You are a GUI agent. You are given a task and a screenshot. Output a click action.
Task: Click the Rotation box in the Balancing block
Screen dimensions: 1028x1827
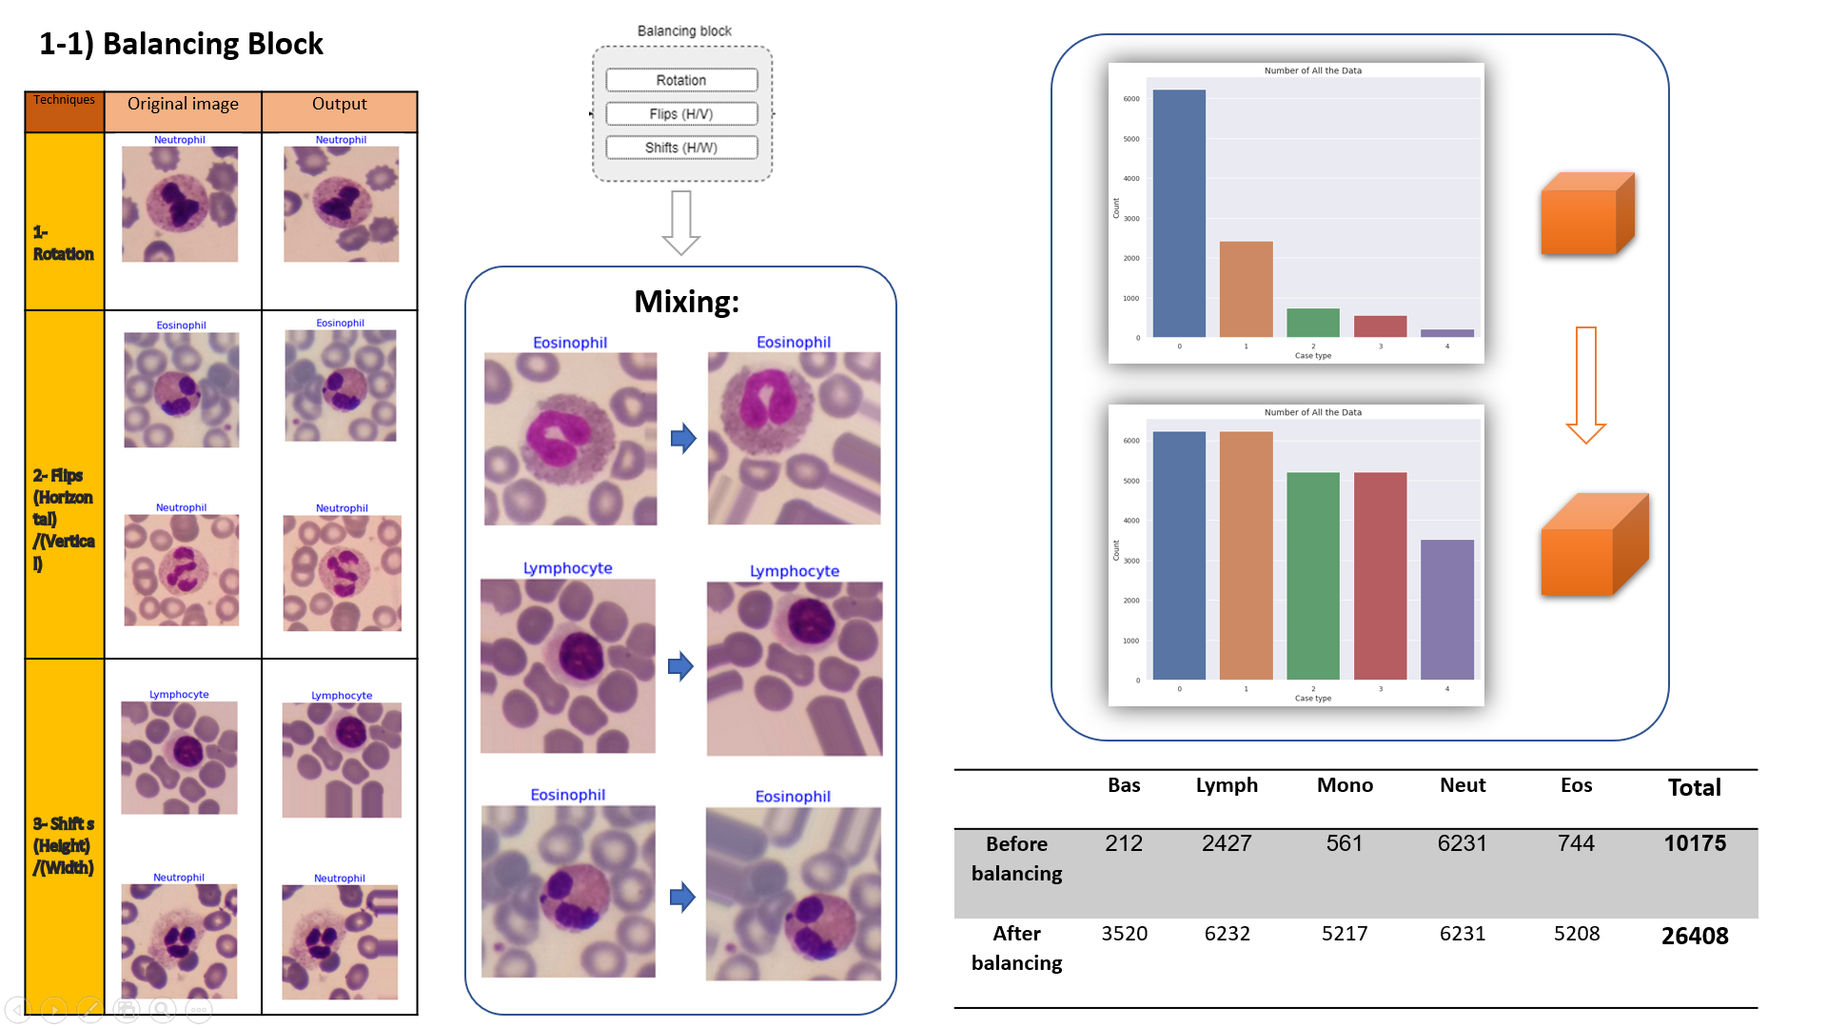681,80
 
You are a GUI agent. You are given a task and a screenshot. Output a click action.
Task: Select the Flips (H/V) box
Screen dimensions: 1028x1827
681,114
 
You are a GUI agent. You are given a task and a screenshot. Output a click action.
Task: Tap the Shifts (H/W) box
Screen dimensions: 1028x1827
681,148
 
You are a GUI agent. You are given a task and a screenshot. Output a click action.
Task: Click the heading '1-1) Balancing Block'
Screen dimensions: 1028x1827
181,44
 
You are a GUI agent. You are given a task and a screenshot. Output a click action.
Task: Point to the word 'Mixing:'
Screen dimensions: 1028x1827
686,302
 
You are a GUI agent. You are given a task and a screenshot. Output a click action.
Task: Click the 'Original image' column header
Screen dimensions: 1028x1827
183,104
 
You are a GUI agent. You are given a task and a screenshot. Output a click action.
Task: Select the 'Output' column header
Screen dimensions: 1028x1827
339,104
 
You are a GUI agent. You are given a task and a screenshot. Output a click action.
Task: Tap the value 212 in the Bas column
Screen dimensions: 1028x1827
1123,843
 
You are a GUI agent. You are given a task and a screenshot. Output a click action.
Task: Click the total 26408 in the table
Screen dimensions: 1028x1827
1694,936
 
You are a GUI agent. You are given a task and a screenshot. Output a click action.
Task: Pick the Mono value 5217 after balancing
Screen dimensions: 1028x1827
1344,934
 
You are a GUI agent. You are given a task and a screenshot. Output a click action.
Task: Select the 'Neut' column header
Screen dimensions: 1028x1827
1462,785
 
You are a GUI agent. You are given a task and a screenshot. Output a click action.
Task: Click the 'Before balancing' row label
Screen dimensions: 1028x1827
1016,858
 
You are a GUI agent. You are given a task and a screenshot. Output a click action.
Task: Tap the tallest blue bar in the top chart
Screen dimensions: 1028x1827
1179,214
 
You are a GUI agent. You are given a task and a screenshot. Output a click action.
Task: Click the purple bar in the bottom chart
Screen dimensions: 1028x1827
1446,609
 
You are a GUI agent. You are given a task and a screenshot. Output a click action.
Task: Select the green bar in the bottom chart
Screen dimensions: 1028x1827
1312,576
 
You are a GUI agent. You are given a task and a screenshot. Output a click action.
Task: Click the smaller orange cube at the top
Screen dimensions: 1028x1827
1586,214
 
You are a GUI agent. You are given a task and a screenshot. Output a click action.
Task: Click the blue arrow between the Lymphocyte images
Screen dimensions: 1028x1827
680,666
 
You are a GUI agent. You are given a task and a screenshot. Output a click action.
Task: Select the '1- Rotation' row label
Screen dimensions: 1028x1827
63,244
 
